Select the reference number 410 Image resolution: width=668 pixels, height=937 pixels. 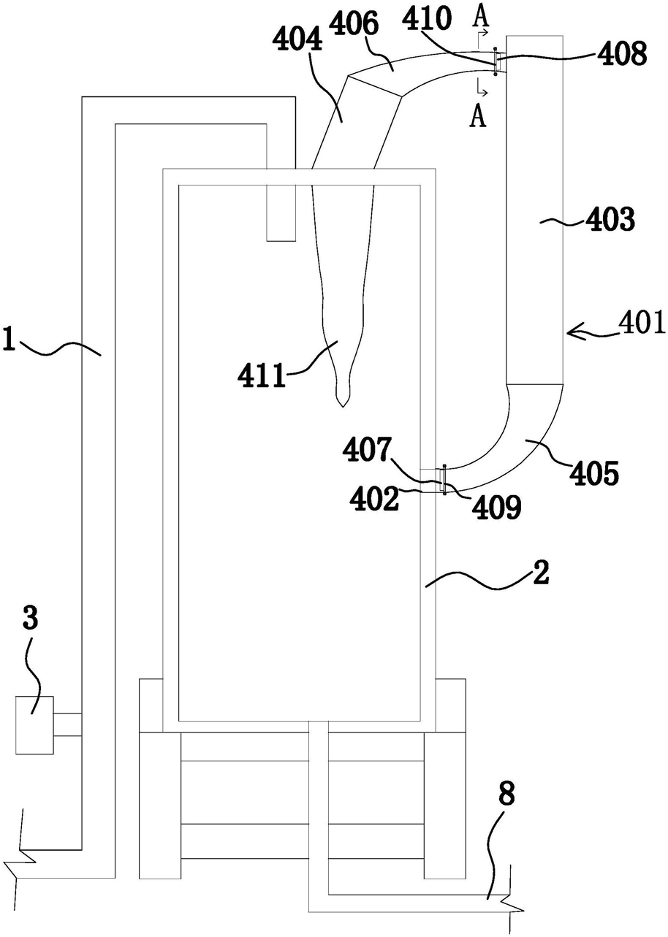click(x=428, y=18)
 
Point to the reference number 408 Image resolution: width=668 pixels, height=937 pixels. click(x=623, y=53)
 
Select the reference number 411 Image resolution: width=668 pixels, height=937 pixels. click(x=262, y=375)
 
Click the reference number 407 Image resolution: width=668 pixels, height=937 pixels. click(x=367, y=449)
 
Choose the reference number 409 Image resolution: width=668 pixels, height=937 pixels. click(x=497, y=506)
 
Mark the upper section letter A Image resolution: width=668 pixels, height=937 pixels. click(x=480, y=16)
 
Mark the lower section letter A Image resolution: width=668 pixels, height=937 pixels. click(x=478, y=116)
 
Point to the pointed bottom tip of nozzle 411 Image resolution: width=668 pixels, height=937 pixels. click(x=342, y=407)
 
